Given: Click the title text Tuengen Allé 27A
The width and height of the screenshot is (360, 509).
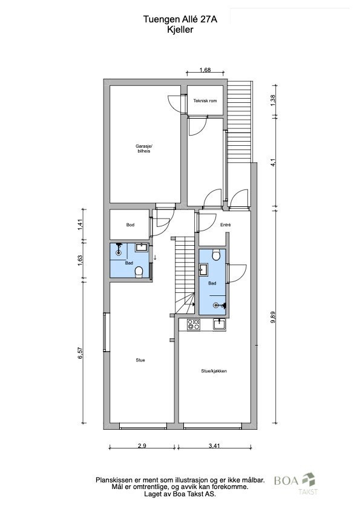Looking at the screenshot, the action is [x=180, y=19].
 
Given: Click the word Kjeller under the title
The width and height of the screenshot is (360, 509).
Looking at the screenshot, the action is [x=180, y=30].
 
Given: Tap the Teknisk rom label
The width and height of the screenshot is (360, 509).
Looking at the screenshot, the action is [x=205, y=100].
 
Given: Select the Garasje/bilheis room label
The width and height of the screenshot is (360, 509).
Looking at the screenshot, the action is [x=144, y=148].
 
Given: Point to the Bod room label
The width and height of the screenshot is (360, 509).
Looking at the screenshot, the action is [x=130, y=225].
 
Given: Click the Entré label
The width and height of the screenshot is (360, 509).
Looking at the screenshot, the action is [x=225, y=225].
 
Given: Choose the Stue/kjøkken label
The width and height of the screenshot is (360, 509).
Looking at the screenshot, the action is [x=214, y=371].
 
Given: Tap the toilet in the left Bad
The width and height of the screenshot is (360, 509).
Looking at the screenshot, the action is [x=139, y=272].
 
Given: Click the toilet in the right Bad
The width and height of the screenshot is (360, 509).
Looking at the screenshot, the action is [x=216, y=255].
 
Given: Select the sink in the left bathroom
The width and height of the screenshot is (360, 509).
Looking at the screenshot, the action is [x=141, y=248].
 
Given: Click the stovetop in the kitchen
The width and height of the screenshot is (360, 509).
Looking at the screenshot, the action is [x=194, y=324].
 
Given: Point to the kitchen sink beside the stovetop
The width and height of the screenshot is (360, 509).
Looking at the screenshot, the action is [x=220, y=324].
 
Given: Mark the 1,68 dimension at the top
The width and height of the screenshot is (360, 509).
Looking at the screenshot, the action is [x=205, y=70].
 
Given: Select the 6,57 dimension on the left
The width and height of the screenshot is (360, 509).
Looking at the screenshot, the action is [x=80, y=353].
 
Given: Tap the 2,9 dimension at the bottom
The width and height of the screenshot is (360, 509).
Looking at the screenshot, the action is [x=142, y=445].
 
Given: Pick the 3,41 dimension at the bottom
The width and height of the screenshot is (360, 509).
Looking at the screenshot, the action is [x=214, y=445].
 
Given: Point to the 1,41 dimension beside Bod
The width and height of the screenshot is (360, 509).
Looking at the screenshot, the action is [x=80, y=225].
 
